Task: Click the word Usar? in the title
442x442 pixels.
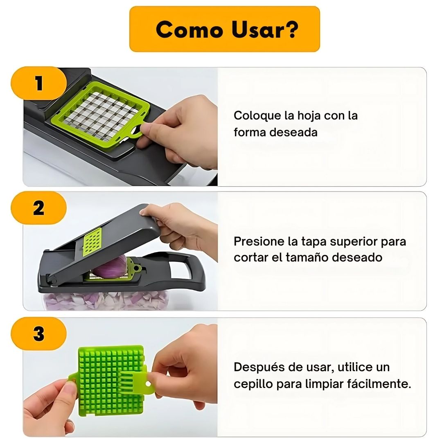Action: click(264, 29)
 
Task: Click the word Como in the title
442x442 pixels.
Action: click(189, 29)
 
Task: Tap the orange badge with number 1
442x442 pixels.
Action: click(38, 83)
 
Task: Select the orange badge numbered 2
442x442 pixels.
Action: click(38, 208)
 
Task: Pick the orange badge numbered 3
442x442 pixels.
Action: click(38, 334)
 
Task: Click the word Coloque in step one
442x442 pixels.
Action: click(257, 116)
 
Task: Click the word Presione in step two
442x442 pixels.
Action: click(259, 241)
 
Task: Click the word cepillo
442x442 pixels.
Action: click(253, 384)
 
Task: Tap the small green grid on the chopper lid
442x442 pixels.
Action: click(92, 241)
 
